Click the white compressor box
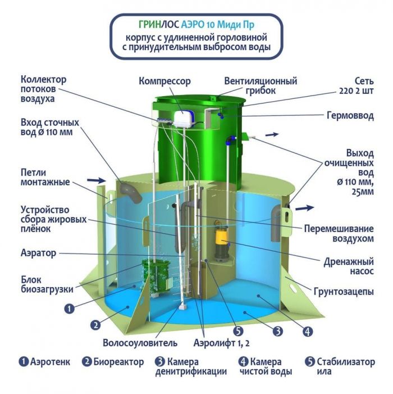click(184, 119)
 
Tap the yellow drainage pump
click(221, 242)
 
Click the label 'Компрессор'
click(165, 81)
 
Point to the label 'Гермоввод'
click(350, 116)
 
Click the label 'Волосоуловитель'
click(140, 343)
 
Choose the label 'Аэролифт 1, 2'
click(222, 343)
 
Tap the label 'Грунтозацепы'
click(344, 292)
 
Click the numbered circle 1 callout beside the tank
click(70, 309)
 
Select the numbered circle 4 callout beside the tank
click(308, 332)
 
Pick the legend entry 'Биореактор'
click(113, 362)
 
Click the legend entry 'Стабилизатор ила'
click(340, 366)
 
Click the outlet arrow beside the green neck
click(272, 135)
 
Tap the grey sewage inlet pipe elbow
click(130, 192)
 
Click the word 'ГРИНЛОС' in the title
click(159, 25)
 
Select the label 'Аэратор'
click(38, 253)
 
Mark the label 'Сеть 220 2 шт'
click(357, 86)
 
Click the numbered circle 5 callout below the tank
click(238, 331)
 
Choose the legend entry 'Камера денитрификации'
click(191, 366)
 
